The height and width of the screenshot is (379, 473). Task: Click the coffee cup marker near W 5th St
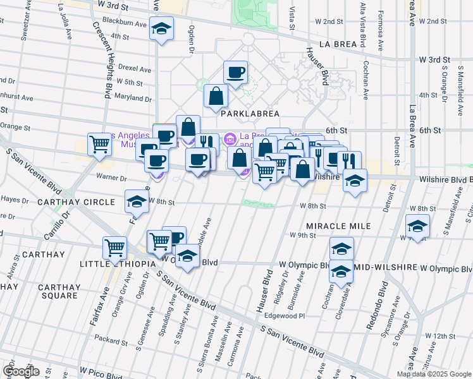235,73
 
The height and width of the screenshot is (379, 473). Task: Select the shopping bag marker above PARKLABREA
216,97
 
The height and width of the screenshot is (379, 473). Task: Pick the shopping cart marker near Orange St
99,145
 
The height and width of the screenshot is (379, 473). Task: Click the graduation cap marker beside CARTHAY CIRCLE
137,202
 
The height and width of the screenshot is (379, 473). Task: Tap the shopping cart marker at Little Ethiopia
115,248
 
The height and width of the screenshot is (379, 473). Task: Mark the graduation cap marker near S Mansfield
417,226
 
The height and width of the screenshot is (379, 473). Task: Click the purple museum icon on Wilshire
230,138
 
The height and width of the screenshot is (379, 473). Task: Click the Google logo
21,371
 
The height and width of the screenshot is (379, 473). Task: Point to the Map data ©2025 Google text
434,374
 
